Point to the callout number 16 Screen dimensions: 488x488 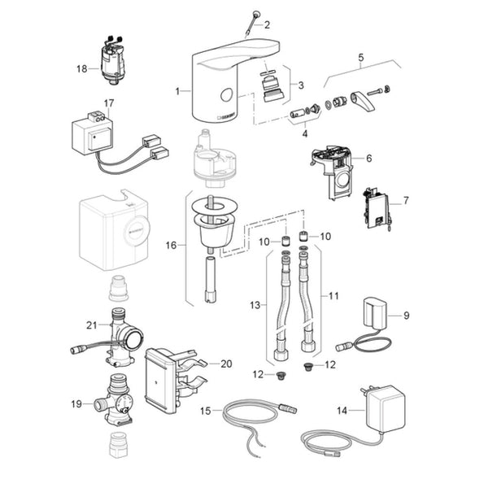click(170, 243)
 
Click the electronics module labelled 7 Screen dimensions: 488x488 click(376, 207)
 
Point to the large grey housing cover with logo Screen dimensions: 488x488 click(115, 229)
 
